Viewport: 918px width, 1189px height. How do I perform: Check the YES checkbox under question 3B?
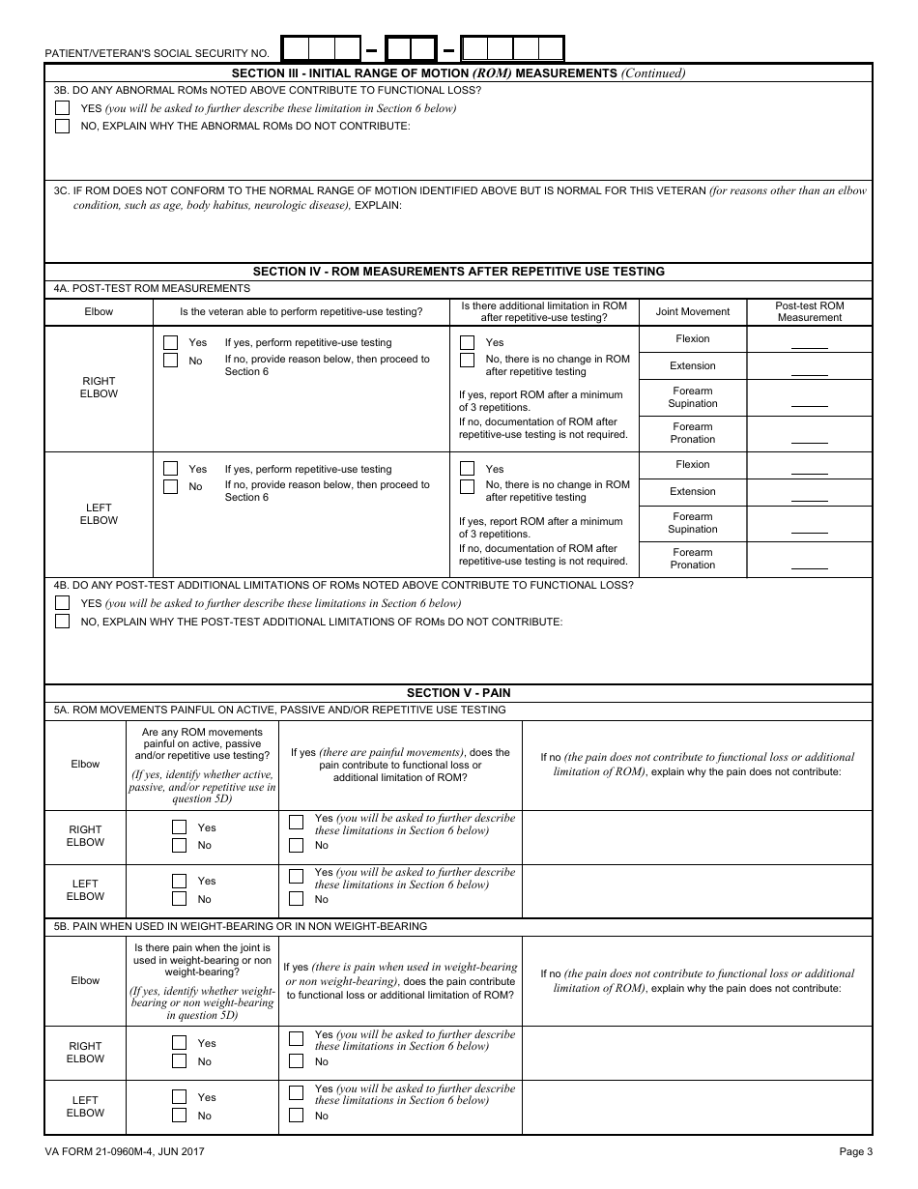(x=63, y=108)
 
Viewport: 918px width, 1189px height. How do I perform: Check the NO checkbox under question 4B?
(x=63, y=622)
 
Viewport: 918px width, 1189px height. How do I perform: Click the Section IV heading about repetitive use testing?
(x=458, y=272)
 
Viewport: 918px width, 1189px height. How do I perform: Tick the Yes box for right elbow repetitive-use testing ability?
(x=171, y=342)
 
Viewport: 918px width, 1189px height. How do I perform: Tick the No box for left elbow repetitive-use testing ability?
(x=171, y=486)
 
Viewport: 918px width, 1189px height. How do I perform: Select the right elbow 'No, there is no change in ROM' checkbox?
(x=468, y=360)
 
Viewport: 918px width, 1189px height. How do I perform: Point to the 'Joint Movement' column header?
(x=693, y=311)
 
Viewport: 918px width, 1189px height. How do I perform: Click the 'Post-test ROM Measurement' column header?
(x=809, y=311)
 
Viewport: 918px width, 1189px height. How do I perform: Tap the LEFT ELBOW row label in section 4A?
(x=99, y=513)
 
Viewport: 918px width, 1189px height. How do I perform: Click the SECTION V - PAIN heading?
(x=458, y=693)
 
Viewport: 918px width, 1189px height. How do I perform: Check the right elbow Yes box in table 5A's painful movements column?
(x=179, y=827)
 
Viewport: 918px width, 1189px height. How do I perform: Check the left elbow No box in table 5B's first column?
(x=179, y=1116)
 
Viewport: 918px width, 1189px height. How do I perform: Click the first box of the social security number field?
(x=296, y=49)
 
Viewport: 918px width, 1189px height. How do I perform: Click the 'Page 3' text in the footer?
(x=855, y=1151)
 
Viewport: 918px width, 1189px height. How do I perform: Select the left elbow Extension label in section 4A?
(x=693, y=491)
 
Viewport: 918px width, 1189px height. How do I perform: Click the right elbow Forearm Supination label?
(x=693, y=397)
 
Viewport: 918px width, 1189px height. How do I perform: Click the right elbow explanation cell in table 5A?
(x=697, y=837)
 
